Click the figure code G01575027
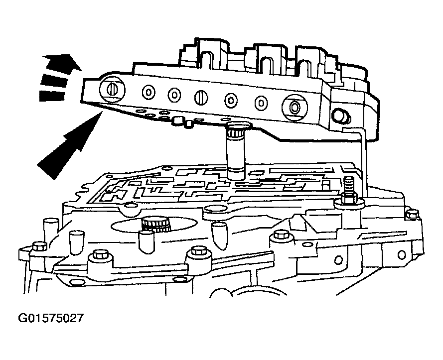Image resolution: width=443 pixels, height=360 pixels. coord(51,318)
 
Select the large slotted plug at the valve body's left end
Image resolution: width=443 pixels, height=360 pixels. coord(112,89)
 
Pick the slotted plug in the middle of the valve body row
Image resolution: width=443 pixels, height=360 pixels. coord(201,98)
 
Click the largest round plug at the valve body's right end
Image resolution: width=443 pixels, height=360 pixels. coord(295,108)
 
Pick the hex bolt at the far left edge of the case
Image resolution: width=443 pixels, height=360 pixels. coord(39,245)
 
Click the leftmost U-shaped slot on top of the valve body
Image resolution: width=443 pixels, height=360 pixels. coord(207,59)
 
